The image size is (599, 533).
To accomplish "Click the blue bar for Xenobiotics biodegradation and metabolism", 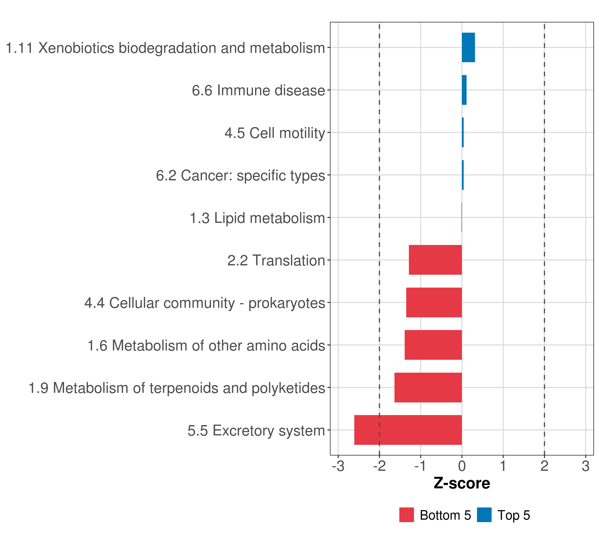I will (x=468, y=48).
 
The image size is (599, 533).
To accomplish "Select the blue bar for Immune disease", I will (x=464, y=90).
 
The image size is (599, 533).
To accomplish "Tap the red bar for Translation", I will (x=435, y=260).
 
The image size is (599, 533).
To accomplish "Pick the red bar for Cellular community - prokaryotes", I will (x=434, y=302).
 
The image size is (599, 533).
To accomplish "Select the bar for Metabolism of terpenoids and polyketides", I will (x=428, y=388).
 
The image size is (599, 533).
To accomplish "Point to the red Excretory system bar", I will (x=408, y=430).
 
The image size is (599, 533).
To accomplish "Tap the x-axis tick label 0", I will (x=462, y=466).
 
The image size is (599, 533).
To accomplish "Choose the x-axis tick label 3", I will (x=585, y=466).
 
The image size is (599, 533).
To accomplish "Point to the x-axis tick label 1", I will (x=503, y=466).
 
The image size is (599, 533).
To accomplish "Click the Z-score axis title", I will (x=462, y=483).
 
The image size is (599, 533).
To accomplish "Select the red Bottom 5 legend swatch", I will (x=406, y=515).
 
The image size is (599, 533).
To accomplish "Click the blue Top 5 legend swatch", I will (x=484, y=515).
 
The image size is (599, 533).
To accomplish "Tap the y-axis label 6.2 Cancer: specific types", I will (x=240, y=175).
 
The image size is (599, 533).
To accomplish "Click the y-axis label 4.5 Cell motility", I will (x=275, y=133).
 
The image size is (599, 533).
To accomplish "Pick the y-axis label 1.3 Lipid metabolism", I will (x=257, y=218).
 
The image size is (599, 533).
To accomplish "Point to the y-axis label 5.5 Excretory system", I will (x=256, y=431).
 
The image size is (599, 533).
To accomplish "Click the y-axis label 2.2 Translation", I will (x=276, y=261).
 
